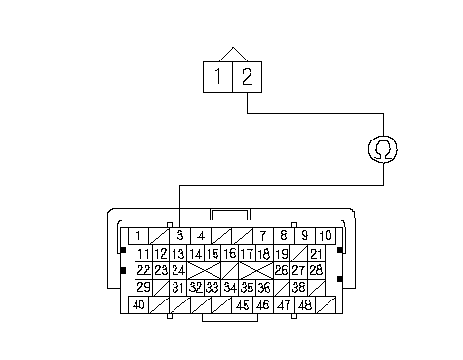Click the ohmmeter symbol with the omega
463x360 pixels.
point(383,149)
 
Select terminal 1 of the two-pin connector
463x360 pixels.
point(217,77)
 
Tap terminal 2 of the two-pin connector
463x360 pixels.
point(248,77)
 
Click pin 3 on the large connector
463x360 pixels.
point(179,236)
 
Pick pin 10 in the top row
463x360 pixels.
point(326,236)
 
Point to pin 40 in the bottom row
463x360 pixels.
point(138,305)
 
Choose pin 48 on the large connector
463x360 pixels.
point(305,305)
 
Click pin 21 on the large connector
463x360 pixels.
point(316,253)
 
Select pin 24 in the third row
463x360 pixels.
point(178,270)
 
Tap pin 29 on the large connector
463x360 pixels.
point(143,288)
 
